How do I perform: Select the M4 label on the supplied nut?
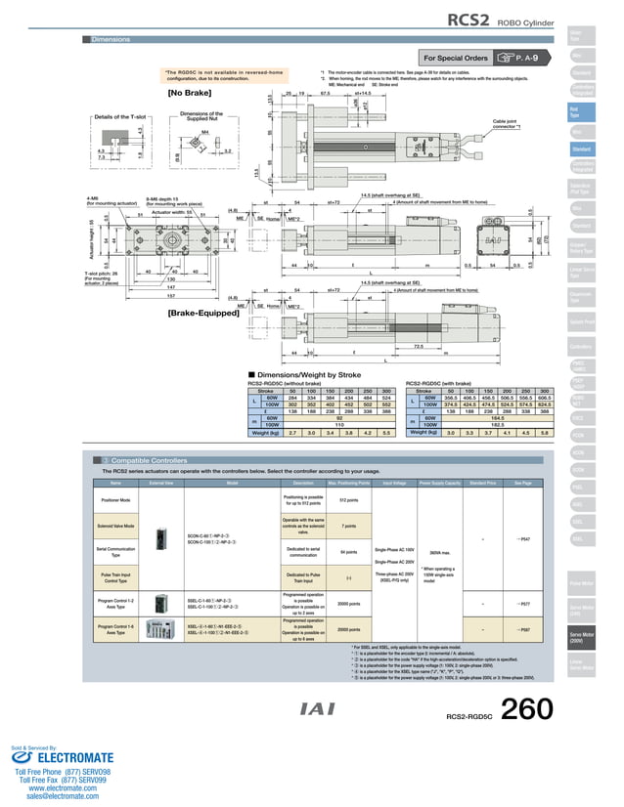[205, 131]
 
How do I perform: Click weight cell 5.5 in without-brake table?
[386, 432]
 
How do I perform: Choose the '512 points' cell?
[348, 500]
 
